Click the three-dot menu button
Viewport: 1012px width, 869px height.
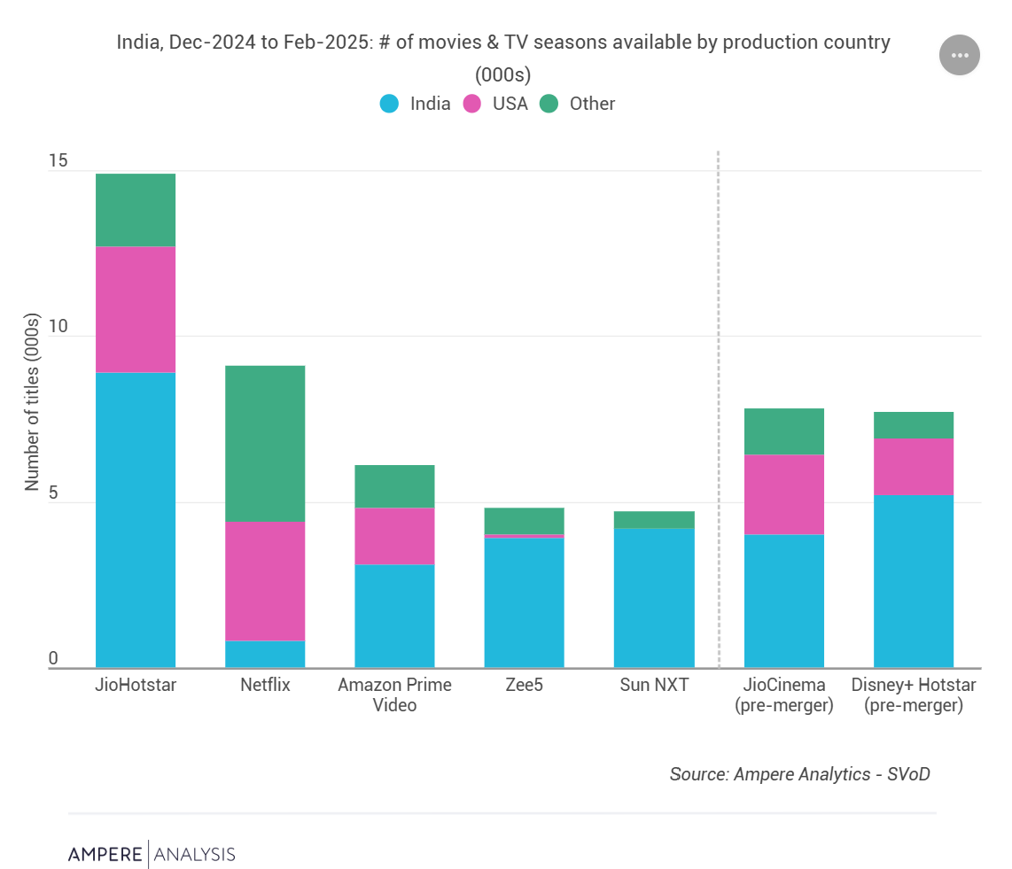(x=960, y=55)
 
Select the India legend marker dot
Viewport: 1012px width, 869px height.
(x=390, y=104)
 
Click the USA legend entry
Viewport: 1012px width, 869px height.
(x=496, y=104)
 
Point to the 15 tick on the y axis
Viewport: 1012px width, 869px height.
(x=58, y=161)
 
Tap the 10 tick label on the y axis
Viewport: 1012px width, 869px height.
(x=58, y=327)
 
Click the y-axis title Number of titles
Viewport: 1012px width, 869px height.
(x=33, y=401)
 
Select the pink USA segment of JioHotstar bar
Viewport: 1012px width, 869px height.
(x=136, y=309)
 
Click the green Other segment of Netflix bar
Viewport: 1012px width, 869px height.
(x=265, y=443)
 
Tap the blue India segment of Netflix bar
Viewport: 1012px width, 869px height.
(x=265, y=654)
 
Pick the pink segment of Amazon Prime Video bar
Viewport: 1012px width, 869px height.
(x=394, y=536)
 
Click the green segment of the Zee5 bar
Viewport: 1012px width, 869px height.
(x=524, y=520)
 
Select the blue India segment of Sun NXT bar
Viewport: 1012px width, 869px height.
(x=654, y=598)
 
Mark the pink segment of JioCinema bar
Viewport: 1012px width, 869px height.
(x=783, y=494)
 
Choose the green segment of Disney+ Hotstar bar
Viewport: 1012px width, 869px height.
(x=913, y=425)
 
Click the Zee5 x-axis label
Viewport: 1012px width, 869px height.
(x=524, y=685)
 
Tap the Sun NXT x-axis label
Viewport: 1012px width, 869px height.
(x=654, y=685)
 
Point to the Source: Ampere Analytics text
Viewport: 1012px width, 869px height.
(x=799, y=774)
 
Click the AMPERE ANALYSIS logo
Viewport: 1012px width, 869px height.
(x=152, y=854)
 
